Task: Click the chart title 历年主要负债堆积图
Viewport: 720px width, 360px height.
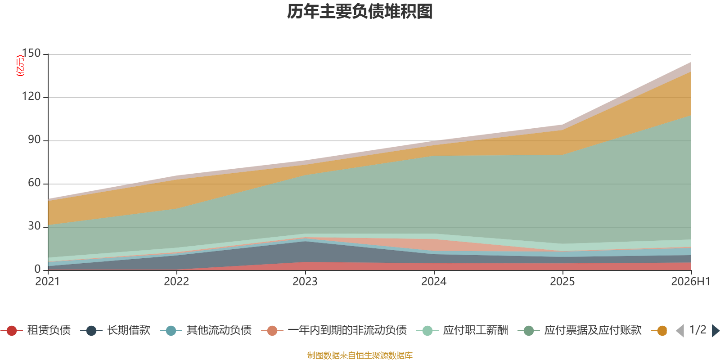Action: pos(360,12)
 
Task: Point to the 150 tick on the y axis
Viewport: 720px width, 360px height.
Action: pos(31,53)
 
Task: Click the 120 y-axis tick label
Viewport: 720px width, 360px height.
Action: pos(31,96)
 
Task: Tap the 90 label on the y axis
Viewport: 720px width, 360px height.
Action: pos(34,139)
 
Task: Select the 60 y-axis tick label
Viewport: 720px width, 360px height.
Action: pos(34,183)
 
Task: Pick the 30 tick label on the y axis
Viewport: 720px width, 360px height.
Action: pos(34,226)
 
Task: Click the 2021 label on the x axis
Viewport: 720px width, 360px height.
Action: pos(48,282)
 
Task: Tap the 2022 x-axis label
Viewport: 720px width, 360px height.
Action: pos(176,282)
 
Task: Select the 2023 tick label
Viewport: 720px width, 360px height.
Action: pos(305,282)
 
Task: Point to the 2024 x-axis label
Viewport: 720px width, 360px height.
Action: pos(434,282)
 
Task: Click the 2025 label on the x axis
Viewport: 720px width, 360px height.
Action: pos(562,282)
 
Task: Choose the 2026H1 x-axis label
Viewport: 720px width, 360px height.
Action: pos(691,282)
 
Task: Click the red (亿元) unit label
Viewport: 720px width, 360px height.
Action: pos(20,66)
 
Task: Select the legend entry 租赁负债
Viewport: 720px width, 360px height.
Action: pos(36,330)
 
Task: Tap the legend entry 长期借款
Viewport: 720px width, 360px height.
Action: pos(115,330)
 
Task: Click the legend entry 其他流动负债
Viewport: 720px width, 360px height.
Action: pos(206,330)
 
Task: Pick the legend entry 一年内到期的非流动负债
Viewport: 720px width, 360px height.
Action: pos(334,330)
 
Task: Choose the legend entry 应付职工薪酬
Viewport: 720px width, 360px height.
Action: pos(462,330)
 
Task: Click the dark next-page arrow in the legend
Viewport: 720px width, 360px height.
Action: pos(715,331)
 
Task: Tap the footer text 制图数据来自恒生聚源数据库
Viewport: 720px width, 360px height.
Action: pos(360,355)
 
